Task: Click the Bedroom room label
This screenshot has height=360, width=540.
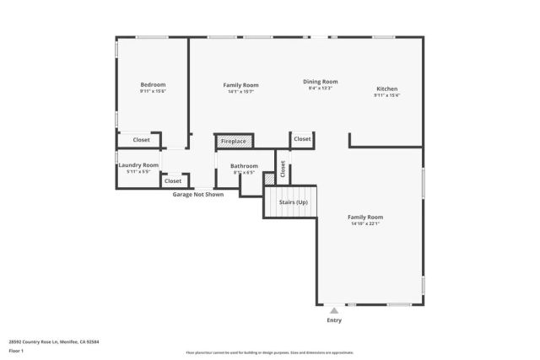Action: point(153,84)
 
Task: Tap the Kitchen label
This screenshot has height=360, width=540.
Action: point(386,89)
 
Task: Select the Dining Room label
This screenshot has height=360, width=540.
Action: point(320,82)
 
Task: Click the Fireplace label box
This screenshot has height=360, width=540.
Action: point(234,141)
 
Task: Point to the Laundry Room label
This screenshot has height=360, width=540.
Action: point(138,165)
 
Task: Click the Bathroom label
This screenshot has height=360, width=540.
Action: point(244,166)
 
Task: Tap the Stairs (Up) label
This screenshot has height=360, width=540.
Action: point(291,202)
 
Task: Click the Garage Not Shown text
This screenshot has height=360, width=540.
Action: point(198,194)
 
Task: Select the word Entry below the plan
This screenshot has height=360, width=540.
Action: point(334,320)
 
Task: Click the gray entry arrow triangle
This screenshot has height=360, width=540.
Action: point(334,311)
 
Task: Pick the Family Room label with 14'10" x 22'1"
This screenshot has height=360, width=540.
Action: point(365,218)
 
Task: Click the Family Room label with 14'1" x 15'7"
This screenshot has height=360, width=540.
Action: point(240,85)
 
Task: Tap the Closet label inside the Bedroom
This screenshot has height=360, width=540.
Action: point(142,139)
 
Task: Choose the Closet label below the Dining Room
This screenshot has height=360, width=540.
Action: point(302,138)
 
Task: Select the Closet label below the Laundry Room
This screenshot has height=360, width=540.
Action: point(173,180)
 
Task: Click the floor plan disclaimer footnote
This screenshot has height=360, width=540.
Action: point(269,352)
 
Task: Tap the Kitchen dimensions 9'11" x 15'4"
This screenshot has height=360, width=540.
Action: point(386,95)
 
